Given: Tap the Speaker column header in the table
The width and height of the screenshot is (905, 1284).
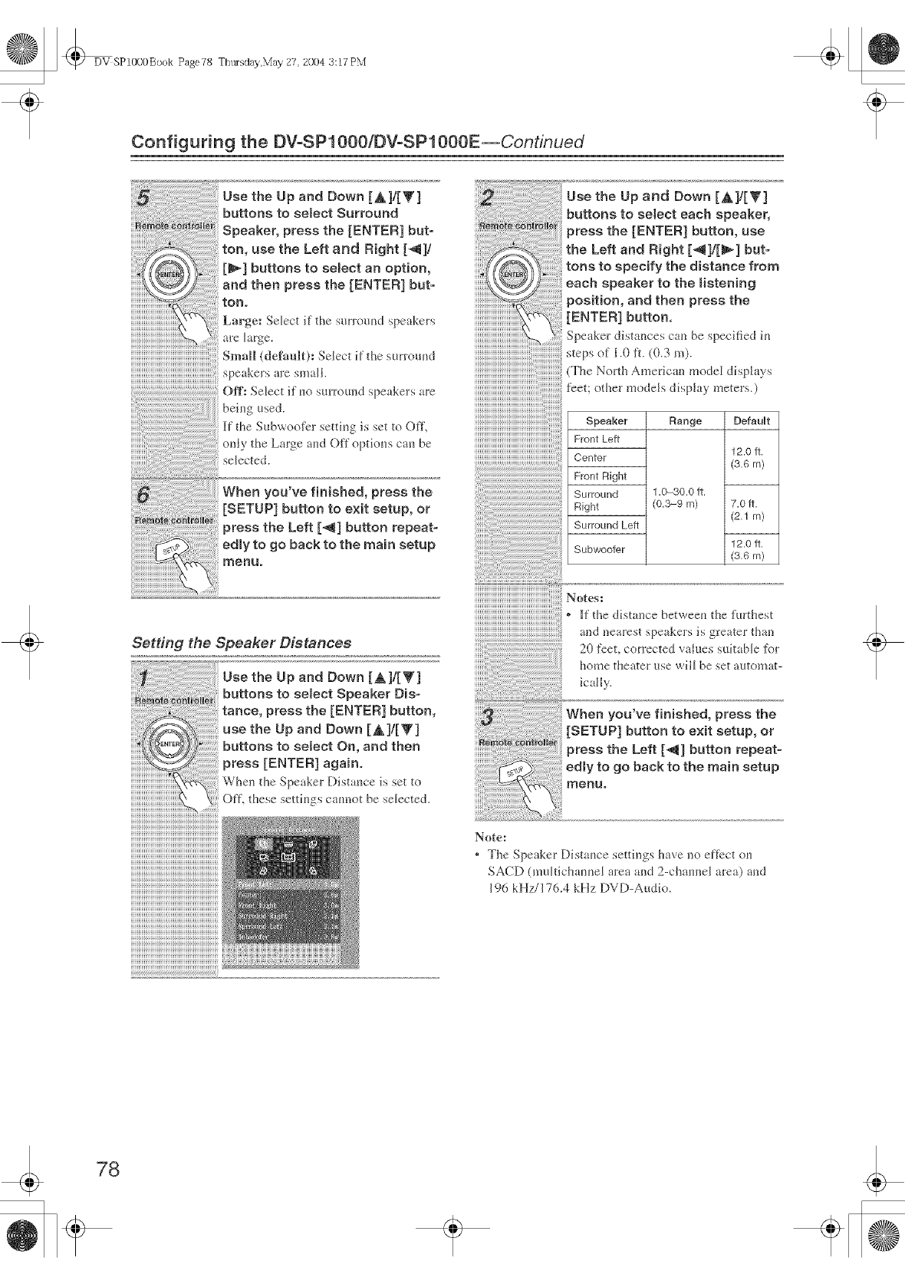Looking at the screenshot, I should coord(606,420).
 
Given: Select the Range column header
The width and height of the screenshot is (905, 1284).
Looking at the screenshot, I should coord(685,420).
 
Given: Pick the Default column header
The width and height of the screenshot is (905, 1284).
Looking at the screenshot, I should coord(751,420).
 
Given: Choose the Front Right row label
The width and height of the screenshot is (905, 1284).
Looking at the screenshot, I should coord(600,476).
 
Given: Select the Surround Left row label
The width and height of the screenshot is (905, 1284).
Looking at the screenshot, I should coord(606,525).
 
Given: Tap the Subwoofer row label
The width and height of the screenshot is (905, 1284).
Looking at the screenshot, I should coord(599,549).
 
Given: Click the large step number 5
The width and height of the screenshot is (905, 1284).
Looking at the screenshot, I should coord(143,199).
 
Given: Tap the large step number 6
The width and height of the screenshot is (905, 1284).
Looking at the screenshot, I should coord(143,495).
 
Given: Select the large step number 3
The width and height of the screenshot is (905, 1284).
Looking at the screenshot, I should coord(485,717).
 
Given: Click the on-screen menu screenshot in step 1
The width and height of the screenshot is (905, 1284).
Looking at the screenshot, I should coord(290,892).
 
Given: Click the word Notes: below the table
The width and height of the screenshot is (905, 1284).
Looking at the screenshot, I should coord(584,597).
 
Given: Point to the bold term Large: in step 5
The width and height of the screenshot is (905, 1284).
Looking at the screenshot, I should coord(242,321).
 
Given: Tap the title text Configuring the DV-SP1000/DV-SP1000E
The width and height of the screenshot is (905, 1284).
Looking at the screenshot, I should coord(305,142).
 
